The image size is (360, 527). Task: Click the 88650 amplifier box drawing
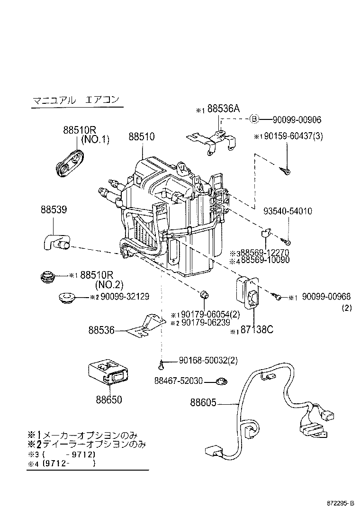(108, 373)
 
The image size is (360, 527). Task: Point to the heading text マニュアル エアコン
(75, 100)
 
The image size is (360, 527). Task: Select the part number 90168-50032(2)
(208, 361)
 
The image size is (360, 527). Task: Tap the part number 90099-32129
(122, 297)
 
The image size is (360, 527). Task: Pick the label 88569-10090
(266, 260)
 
